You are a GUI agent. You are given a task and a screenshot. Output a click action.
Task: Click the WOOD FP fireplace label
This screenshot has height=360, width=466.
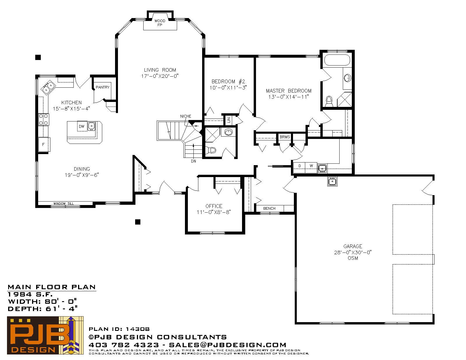coord(160,23)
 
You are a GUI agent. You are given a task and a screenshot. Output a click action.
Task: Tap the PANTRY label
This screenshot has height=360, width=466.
coord(103,87)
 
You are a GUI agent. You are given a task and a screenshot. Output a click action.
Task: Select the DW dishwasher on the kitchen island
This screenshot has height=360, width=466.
coord(82,126)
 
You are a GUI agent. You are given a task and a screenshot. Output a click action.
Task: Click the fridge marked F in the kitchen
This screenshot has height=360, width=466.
coord(44,144)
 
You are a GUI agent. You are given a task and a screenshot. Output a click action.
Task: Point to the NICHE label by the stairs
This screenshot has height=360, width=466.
coord(186,116)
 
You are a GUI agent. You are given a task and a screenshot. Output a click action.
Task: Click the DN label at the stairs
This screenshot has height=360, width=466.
coord(193,161)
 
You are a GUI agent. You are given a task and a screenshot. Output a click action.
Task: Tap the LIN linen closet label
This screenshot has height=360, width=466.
coord(229,120)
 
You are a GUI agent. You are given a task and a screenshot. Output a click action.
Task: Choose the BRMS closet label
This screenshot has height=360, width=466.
coord(285,137)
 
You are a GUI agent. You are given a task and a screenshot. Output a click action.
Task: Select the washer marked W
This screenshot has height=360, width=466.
coord(311,167)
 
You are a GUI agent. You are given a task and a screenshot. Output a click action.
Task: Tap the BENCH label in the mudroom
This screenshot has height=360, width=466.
coord(269,209)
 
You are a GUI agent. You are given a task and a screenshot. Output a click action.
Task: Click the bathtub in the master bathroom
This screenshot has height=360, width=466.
coord(337,60)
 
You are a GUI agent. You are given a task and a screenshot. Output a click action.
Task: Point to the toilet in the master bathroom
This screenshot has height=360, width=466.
coord(329,101)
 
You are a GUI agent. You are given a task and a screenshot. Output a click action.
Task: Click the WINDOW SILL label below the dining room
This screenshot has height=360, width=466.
coord(63,204)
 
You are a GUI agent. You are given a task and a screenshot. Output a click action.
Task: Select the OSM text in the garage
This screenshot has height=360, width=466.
coord(353,258)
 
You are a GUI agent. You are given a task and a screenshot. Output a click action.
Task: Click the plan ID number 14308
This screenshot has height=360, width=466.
coord(137,329)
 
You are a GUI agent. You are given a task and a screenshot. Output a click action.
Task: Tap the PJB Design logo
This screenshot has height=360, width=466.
coord(45,335)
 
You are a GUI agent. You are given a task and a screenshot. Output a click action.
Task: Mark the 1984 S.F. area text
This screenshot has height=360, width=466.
coord(30,294)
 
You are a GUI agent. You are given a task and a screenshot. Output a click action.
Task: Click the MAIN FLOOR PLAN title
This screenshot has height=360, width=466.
coord(52,287)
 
